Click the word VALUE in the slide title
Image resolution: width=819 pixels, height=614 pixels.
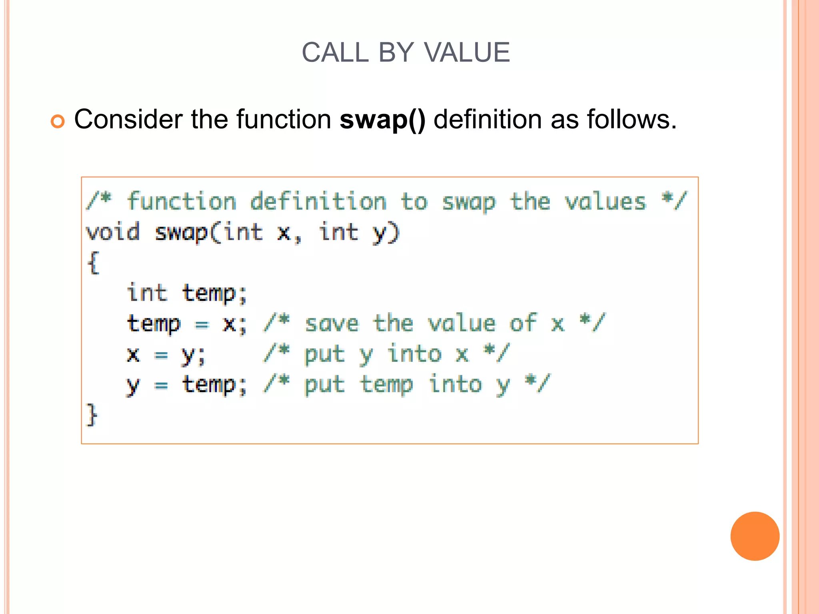pyautogui.click(x=467, y=52)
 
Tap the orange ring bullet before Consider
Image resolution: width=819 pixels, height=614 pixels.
pyautogui.click(x=58, y=122)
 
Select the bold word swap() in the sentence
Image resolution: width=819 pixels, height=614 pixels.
pyautogui.click(x=382, y=120)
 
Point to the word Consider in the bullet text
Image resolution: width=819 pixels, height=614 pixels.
pyautogui.click(x=128, y=120)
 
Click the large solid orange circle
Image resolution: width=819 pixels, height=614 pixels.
pyautogui.click(x=755, y=536)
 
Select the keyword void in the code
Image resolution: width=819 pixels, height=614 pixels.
pyautogui.click(x=113, y=232)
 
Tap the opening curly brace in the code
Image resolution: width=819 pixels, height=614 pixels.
pyautogui.click(x=93, y=263)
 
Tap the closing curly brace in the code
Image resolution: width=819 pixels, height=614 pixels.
pyautogui.click(x=92, y=415)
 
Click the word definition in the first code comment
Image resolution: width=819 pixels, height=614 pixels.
pyautogui.click(x=318, y=201)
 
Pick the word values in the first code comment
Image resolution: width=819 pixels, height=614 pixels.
pyautogui.click(x=605, y=202)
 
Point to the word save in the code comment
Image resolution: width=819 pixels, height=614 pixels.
pyautogui.click(x=332, y=324)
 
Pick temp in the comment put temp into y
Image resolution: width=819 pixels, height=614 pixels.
pyautogui.click(x=386, y=385)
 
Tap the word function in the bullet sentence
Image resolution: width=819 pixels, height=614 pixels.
pyautogui.click(x=284, y=120)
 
